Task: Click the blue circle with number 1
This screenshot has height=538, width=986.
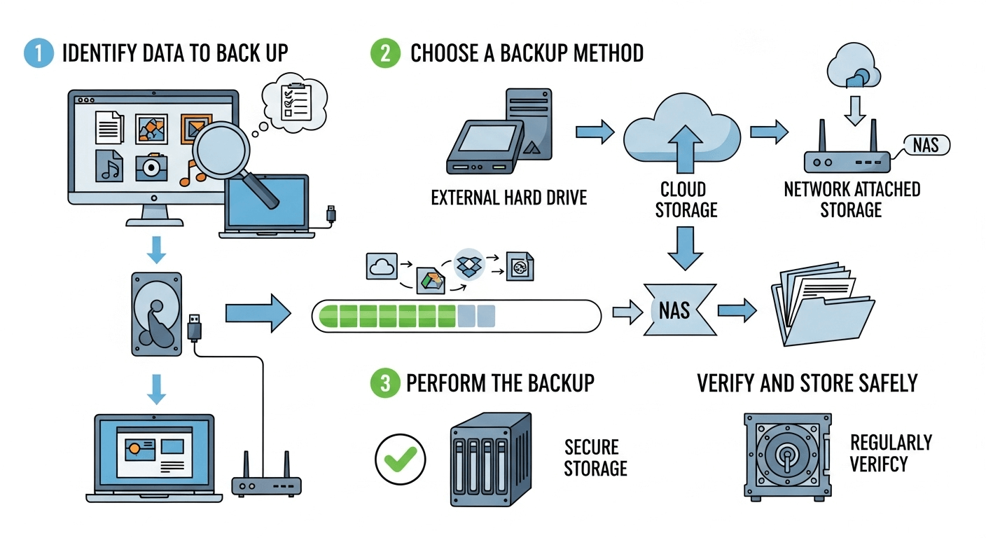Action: click(x=39, y=53)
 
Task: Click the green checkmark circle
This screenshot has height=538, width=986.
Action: click(x=400, y=460)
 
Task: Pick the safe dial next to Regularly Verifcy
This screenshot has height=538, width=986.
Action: click(x=786, y=455)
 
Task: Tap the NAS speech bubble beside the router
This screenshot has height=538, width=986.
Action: click(x=926, y=145)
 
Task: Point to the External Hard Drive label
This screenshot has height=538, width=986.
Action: click(x=508, y=198)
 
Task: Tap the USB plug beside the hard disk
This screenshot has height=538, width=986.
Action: click(x=196, y=328)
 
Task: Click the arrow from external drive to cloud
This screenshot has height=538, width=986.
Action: click(x=595, y=131)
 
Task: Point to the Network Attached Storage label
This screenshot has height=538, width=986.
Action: click(x=851, y=200)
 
